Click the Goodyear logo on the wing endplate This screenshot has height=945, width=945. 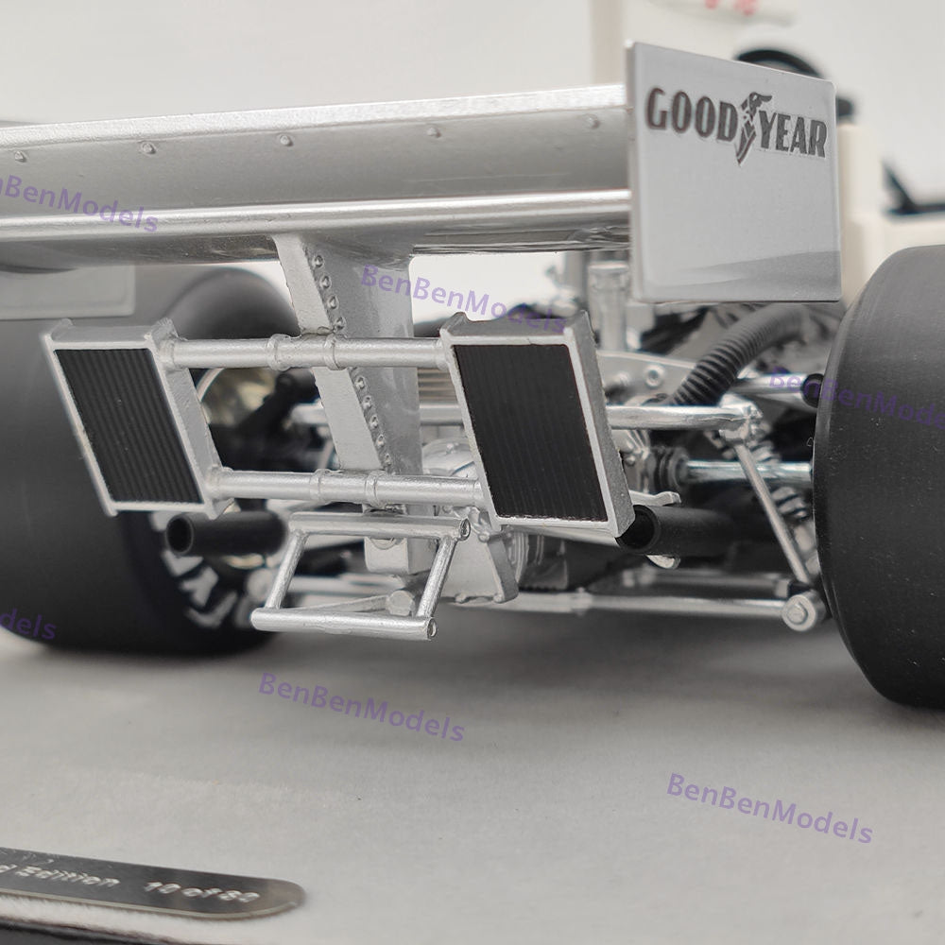click(736, 124)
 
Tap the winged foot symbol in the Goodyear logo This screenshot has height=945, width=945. click(753, 126)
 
